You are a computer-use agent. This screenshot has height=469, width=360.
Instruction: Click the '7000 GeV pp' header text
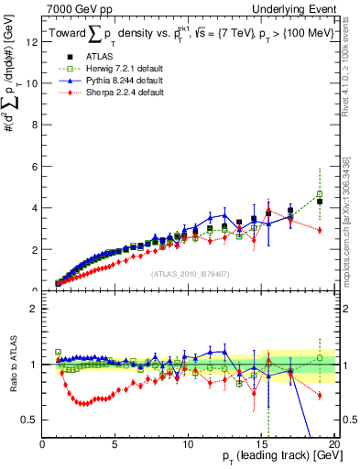click(x=71, y=7)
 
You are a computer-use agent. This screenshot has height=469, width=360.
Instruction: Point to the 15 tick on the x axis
click(x=259, y=444)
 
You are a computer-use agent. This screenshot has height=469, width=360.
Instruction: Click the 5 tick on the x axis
click(x=115, y=444)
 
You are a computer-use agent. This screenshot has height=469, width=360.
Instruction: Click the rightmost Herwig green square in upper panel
click(x=320, y=194)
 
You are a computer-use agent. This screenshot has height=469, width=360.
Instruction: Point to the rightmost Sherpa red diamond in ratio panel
click(x=320, y=396)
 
